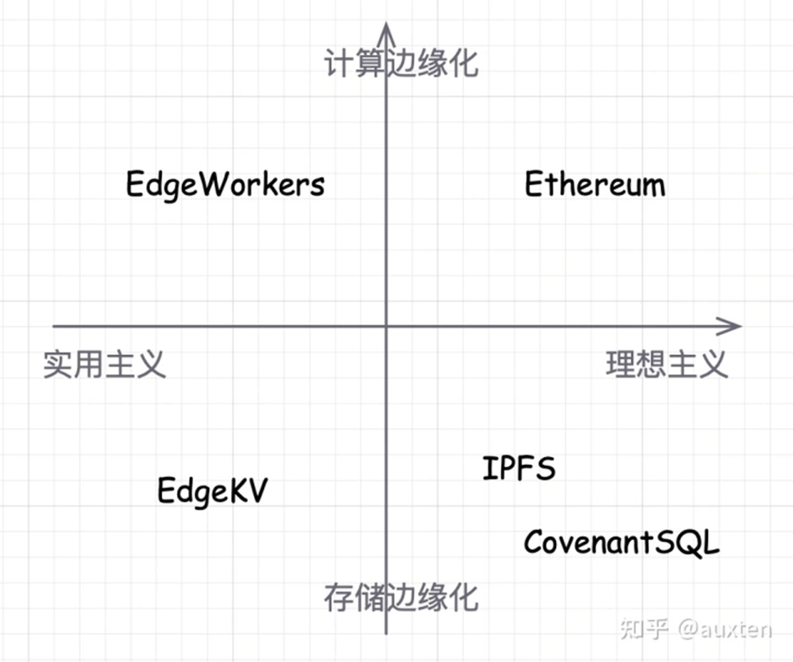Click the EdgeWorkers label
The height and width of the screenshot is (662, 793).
tap(225, 184)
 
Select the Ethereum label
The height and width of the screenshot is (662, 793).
tap(595, 185)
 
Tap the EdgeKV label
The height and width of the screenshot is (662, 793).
tap(212, 491)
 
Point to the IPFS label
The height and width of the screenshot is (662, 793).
tap(519, 468)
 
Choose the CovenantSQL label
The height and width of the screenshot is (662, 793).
tap(622, 542)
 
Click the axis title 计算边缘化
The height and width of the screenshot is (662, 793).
tap(402, 64)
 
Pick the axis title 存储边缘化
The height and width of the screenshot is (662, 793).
tap(402, 597)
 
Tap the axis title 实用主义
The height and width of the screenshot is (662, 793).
tap(105, 364)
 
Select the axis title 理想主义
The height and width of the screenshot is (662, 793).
tap(666, 364)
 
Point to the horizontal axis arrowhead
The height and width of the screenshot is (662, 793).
tap(732, 326)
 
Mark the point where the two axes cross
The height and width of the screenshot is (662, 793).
tap(386, 326)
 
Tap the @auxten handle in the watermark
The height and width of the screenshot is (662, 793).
tap(725, 630)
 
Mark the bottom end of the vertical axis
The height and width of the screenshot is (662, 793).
tap(386, 632)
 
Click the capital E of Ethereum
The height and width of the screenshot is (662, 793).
tap(533, 184)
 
